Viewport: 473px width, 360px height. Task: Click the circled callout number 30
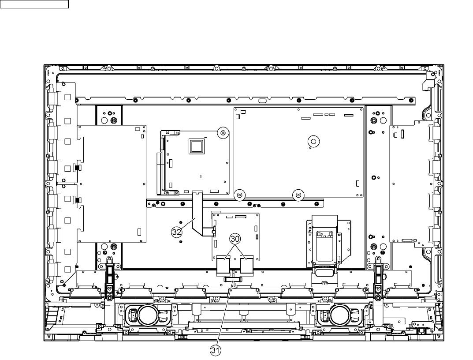point(235,239)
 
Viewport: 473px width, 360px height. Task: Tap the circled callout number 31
point(215,351)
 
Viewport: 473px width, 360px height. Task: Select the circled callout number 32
point(177,232)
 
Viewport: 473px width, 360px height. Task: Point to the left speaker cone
point(148,315)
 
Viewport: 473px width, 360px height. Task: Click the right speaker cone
point(340,315)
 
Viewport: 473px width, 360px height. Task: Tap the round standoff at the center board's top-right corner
point(223,132)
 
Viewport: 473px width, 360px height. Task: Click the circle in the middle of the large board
point(313,141)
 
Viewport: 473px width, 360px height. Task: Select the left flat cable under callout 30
point(223,266)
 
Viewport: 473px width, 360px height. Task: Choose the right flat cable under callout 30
point(247,266)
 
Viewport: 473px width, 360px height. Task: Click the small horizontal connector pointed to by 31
point(233,279)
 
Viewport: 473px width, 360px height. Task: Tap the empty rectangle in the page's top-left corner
point(34,4)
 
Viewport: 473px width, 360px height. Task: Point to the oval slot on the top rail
point(262,100)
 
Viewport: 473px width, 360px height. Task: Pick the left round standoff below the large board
point(239,195)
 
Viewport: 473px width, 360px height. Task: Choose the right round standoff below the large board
point(298,195)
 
